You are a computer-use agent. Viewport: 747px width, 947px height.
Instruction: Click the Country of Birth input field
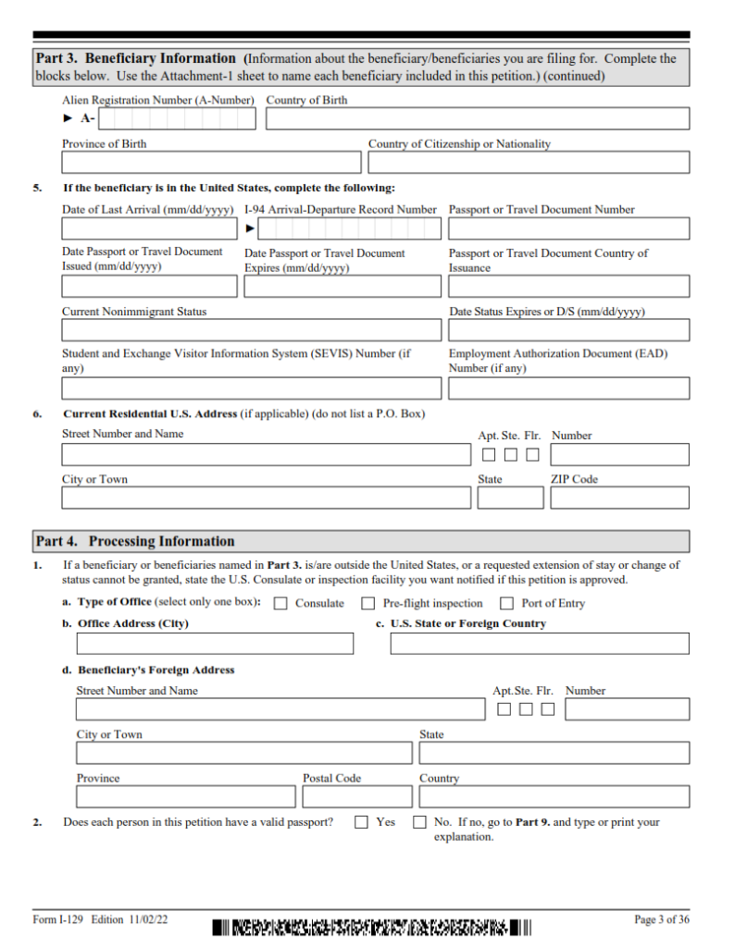tap(477, 119)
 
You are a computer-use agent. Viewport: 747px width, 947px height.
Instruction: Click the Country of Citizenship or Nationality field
tap(528, 163)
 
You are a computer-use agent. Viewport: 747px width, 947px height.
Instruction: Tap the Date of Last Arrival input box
tap(149, 228)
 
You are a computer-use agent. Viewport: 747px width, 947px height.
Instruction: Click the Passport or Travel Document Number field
tap(568, 228)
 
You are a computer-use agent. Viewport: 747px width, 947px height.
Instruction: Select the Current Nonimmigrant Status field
tap(251, 330)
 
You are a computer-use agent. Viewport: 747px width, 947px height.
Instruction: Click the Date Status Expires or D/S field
tap(568, 330)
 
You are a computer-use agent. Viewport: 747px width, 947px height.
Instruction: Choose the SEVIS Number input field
tap(251, 388)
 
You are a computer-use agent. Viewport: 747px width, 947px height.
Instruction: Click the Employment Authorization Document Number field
tap(568, 388)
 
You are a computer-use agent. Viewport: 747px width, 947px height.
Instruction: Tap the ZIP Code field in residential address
tap(619, 498)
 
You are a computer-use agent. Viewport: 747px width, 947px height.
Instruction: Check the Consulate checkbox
tap(280, 604)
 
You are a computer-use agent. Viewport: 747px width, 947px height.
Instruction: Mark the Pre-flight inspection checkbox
tap(367, 604)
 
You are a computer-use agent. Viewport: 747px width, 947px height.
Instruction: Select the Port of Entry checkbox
tap(506, 604)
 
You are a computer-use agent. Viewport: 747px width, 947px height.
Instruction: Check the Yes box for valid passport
tap(362, 822)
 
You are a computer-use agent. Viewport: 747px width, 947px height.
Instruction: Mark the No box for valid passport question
tap(419, 822)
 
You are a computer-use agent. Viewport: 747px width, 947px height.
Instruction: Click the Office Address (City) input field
tap(215, 644)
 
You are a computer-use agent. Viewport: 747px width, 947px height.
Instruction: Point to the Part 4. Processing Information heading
tap(134, 541)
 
